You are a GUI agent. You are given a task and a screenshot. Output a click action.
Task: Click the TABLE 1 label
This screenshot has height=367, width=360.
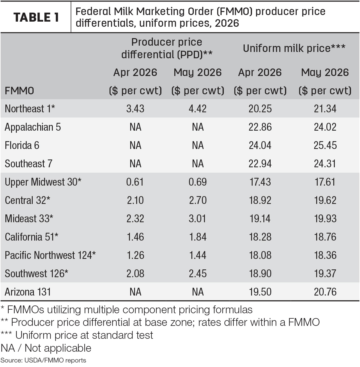36,17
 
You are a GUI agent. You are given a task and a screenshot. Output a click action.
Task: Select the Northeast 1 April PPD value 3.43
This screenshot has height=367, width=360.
135,109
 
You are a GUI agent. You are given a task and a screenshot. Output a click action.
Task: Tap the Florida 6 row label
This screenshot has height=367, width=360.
22,145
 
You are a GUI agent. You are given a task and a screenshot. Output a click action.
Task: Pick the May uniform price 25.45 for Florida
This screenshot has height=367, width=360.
325,145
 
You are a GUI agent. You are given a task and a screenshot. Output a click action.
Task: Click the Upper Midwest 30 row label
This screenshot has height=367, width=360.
43,182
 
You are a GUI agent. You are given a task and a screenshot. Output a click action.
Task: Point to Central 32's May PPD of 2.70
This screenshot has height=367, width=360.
198,200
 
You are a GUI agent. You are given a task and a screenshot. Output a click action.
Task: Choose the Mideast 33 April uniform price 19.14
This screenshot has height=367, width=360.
260,218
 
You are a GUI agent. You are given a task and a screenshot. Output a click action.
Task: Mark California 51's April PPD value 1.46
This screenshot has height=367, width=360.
135,237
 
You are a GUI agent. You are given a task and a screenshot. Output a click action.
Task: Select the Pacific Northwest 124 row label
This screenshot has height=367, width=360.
50,255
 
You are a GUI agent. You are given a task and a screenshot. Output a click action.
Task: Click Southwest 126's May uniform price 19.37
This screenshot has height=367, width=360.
325,274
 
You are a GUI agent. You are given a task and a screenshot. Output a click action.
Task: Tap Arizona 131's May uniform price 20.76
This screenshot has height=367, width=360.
325,292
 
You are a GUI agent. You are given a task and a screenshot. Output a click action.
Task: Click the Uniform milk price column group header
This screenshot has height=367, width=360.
294,48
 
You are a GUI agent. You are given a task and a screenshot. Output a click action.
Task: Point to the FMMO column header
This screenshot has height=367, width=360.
19,90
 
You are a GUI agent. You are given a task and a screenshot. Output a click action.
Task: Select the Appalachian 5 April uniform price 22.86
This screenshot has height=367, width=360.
260,127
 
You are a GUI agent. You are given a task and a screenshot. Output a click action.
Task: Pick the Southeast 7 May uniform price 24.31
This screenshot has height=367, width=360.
325,164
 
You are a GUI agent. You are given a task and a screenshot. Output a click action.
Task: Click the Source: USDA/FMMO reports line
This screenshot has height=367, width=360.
43,360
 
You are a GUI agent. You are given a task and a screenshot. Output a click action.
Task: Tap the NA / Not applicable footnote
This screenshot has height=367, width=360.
46,348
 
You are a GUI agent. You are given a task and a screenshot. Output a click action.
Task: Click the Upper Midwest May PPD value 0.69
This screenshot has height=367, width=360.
198,182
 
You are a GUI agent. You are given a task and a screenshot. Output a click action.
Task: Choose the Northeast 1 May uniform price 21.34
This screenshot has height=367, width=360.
325,109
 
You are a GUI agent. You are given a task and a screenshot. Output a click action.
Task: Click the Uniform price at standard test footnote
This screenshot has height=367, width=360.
77,335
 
